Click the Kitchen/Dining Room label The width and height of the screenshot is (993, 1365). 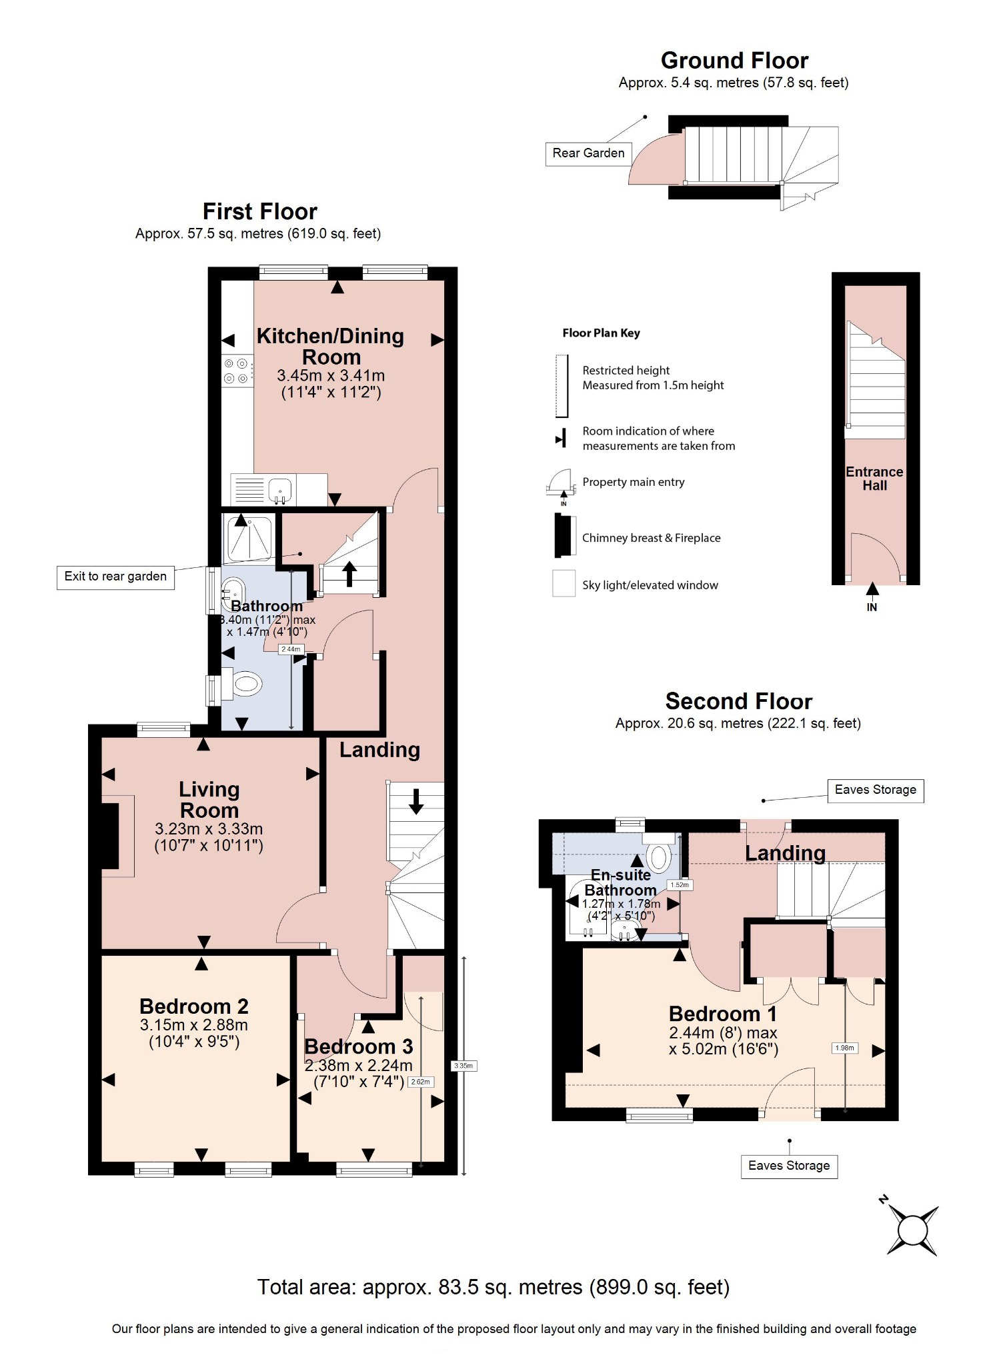pyautogui.click(x=330, y=346)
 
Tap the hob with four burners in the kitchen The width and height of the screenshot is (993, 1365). pyautogui.click(x=236, y=371)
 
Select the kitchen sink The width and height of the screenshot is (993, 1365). pyautogui.click(x=281, y=490)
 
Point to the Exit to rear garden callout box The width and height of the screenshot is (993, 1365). pyautogui.click(x=115, y=577)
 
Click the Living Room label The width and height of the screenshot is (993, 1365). pyautogui.click(x=209, y=799)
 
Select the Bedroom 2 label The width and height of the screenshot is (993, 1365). pyautogui.click(x=193, y=1006)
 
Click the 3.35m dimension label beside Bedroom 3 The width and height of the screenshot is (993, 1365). pyautogui.click(x=463, y=1066)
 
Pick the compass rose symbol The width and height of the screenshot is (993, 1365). pyautogui.click(x=912, y=1230)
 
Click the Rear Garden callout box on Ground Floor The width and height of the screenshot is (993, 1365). pyautogui.click(x=588, y=153)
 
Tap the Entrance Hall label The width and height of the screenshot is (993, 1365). pyautogui.click(x=874, y=479)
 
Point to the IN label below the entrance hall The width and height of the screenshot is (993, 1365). pyautogui.click(x=872, y=607)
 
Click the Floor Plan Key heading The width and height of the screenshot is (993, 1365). pyautogui.click(x=601, y=333)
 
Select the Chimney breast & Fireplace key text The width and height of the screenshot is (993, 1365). pyautogui.click(x=651, y=538)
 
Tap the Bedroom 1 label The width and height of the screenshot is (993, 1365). pyautogui.click(x=722, y=1014)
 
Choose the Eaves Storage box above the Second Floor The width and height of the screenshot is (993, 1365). pyautogui.click(x=875, y=790)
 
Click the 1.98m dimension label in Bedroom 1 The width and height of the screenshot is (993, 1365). pyautogui.click(x=844, y=1048)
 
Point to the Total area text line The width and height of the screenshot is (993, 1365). pyautogui.click(x=493, y=1287)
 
